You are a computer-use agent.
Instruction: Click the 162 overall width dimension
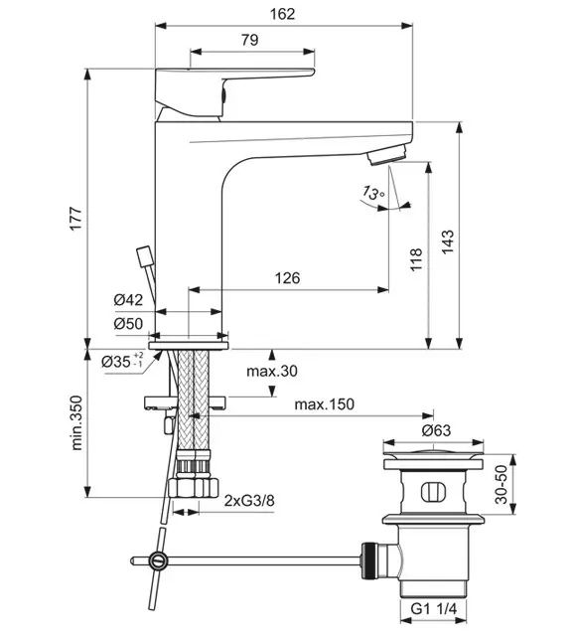point(282,14)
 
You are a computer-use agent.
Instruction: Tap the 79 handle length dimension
point(249,40)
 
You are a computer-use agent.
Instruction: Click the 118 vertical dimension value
point(416,259)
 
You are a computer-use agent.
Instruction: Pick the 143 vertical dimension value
point(448,242)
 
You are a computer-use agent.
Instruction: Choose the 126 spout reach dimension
point(288,278)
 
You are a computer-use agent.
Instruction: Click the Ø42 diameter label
point(128,300)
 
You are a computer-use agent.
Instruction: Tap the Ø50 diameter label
point(128,324)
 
